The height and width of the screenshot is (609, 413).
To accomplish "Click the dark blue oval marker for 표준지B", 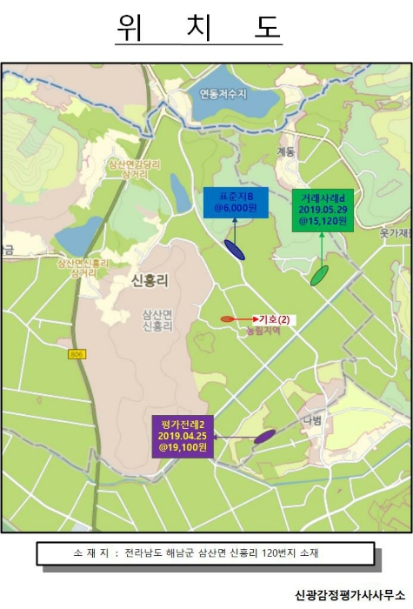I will pos(234,250).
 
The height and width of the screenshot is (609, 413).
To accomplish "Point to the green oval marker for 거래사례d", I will pos(319,276).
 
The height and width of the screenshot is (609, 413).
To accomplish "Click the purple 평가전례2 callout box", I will pos(183,435).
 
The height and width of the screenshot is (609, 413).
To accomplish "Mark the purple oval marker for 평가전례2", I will pos(264,436).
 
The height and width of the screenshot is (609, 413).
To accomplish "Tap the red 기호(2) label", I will pos(275,319).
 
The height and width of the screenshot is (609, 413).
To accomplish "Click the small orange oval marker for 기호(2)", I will pos(227,319).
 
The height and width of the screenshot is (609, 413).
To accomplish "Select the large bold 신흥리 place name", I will pos(150,280).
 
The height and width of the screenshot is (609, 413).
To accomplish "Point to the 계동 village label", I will pos(286,151).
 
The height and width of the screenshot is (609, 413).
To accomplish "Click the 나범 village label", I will pos(312,420).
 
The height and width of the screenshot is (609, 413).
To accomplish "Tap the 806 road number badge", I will pos(77,354).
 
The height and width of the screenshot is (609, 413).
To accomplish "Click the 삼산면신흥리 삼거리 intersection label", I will pos(83,267).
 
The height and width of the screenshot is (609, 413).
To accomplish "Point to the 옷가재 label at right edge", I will pos(396,233).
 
